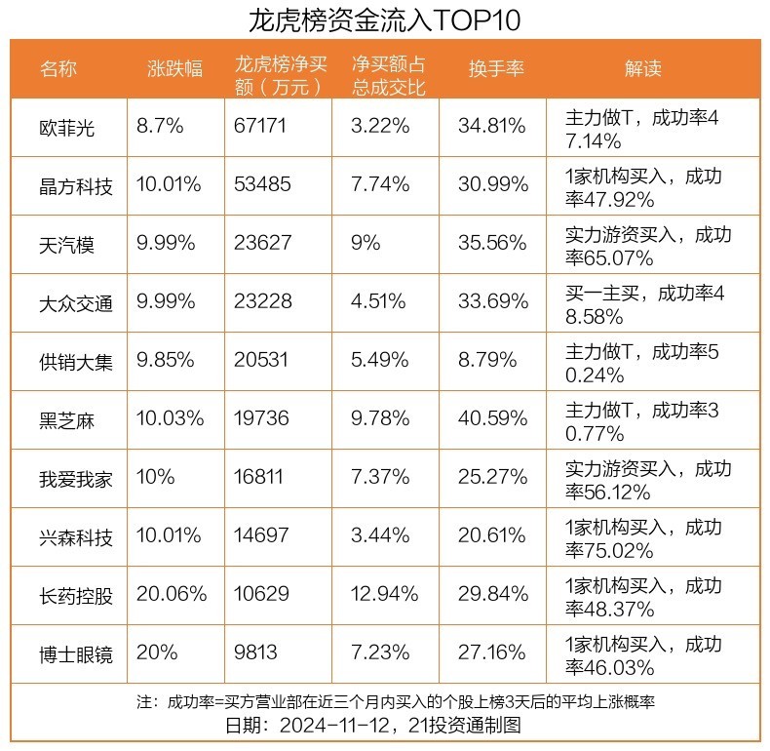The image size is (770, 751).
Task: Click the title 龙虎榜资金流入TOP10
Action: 385,20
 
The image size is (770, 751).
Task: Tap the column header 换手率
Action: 496,69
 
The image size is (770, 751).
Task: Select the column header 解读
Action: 643,69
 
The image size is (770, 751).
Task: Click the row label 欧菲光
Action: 67,127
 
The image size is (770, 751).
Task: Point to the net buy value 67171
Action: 263,127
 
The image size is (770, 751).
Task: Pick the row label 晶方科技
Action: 76,185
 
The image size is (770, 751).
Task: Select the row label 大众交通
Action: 76,302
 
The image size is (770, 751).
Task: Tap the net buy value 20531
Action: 263,361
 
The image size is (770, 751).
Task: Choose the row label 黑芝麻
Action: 67,419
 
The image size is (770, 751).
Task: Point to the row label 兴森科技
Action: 76,536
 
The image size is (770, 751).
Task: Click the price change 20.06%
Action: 172,595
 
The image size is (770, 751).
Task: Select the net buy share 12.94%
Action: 386,595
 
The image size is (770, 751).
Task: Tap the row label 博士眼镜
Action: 76,653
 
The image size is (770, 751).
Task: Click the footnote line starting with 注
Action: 385,702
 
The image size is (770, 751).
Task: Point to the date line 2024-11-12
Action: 385,726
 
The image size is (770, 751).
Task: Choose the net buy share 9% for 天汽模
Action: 366,244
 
